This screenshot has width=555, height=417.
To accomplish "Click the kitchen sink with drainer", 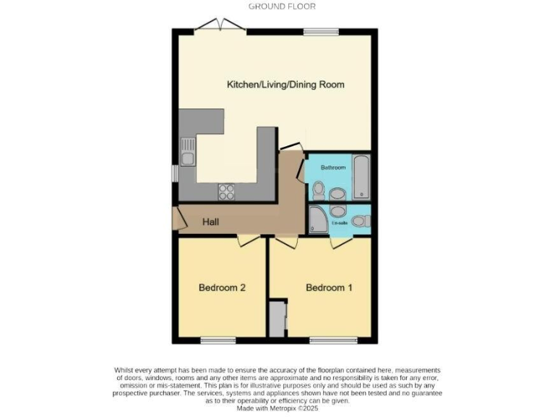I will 188,152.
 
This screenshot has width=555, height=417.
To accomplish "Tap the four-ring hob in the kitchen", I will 227,192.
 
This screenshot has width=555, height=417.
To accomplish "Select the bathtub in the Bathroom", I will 361,177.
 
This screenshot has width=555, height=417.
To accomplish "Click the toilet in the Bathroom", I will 319,190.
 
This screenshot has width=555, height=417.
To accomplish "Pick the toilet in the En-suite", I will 361,221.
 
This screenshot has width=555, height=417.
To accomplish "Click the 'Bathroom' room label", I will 333,167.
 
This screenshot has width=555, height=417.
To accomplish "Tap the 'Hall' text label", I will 211,222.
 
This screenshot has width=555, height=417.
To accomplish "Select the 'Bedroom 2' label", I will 223,287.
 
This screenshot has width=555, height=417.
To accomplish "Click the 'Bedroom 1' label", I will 330,287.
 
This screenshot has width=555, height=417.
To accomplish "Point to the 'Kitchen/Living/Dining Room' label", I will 285,85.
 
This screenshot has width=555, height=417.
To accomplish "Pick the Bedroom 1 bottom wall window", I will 332,340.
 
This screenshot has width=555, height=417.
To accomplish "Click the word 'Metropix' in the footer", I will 277,408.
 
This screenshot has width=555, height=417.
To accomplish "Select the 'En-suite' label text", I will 339,224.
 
